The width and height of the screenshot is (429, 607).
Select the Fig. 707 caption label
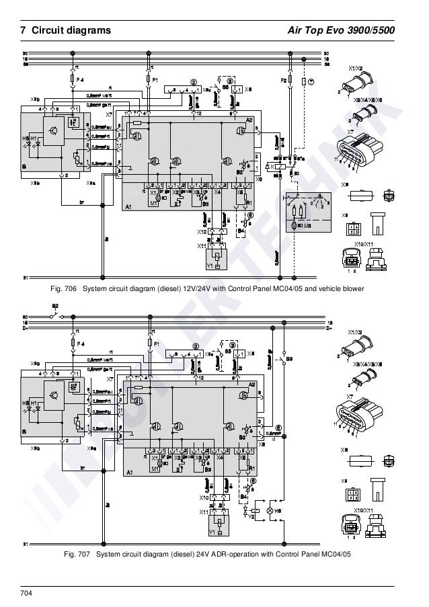pyautogui.click(x=76, y=555)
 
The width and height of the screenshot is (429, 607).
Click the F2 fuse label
pyautogui.click(x=283, y=79)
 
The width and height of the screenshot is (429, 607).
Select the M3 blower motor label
pyautogui.click(x=309, y=226)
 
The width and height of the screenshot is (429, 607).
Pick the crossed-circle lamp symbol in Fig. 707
pyautogui.click(x=270, y=512)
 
